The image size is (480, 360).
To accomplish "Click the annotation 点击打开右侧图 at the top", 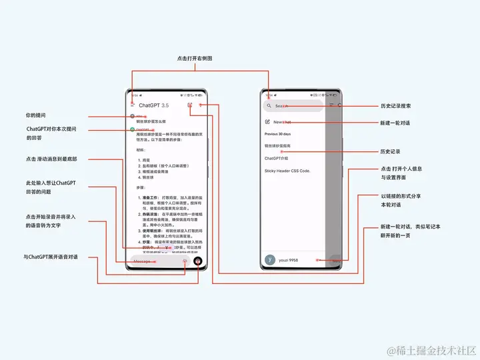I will (195, 59).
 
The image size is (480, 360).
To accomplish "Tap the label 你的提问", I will (36, 115).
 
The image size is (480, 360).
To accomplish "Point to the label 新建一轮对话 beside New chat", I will (395, 123).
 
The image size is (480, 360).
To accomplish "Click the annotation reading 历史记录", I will (389, 151).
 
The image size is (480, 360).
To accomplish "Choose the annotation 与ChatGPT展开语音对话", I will (51, 257).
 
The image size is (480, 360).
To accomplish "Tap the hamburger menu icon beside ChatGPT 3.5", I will (133, 105).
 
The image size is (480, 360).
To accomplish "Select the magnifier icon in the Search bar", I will (269, 106).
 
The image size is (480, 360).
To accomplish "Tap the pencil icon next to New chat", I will (268, 122).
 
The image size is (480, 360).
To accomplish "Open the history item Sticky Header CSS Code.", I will (287, 171).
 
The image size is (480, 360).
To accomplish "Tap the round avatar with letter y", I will (270, 260).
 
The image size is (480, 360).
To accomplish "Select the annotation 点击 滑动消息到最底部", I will (51, 159).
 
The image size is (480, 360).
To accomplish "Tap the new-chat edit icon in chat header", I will (190, 105).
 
